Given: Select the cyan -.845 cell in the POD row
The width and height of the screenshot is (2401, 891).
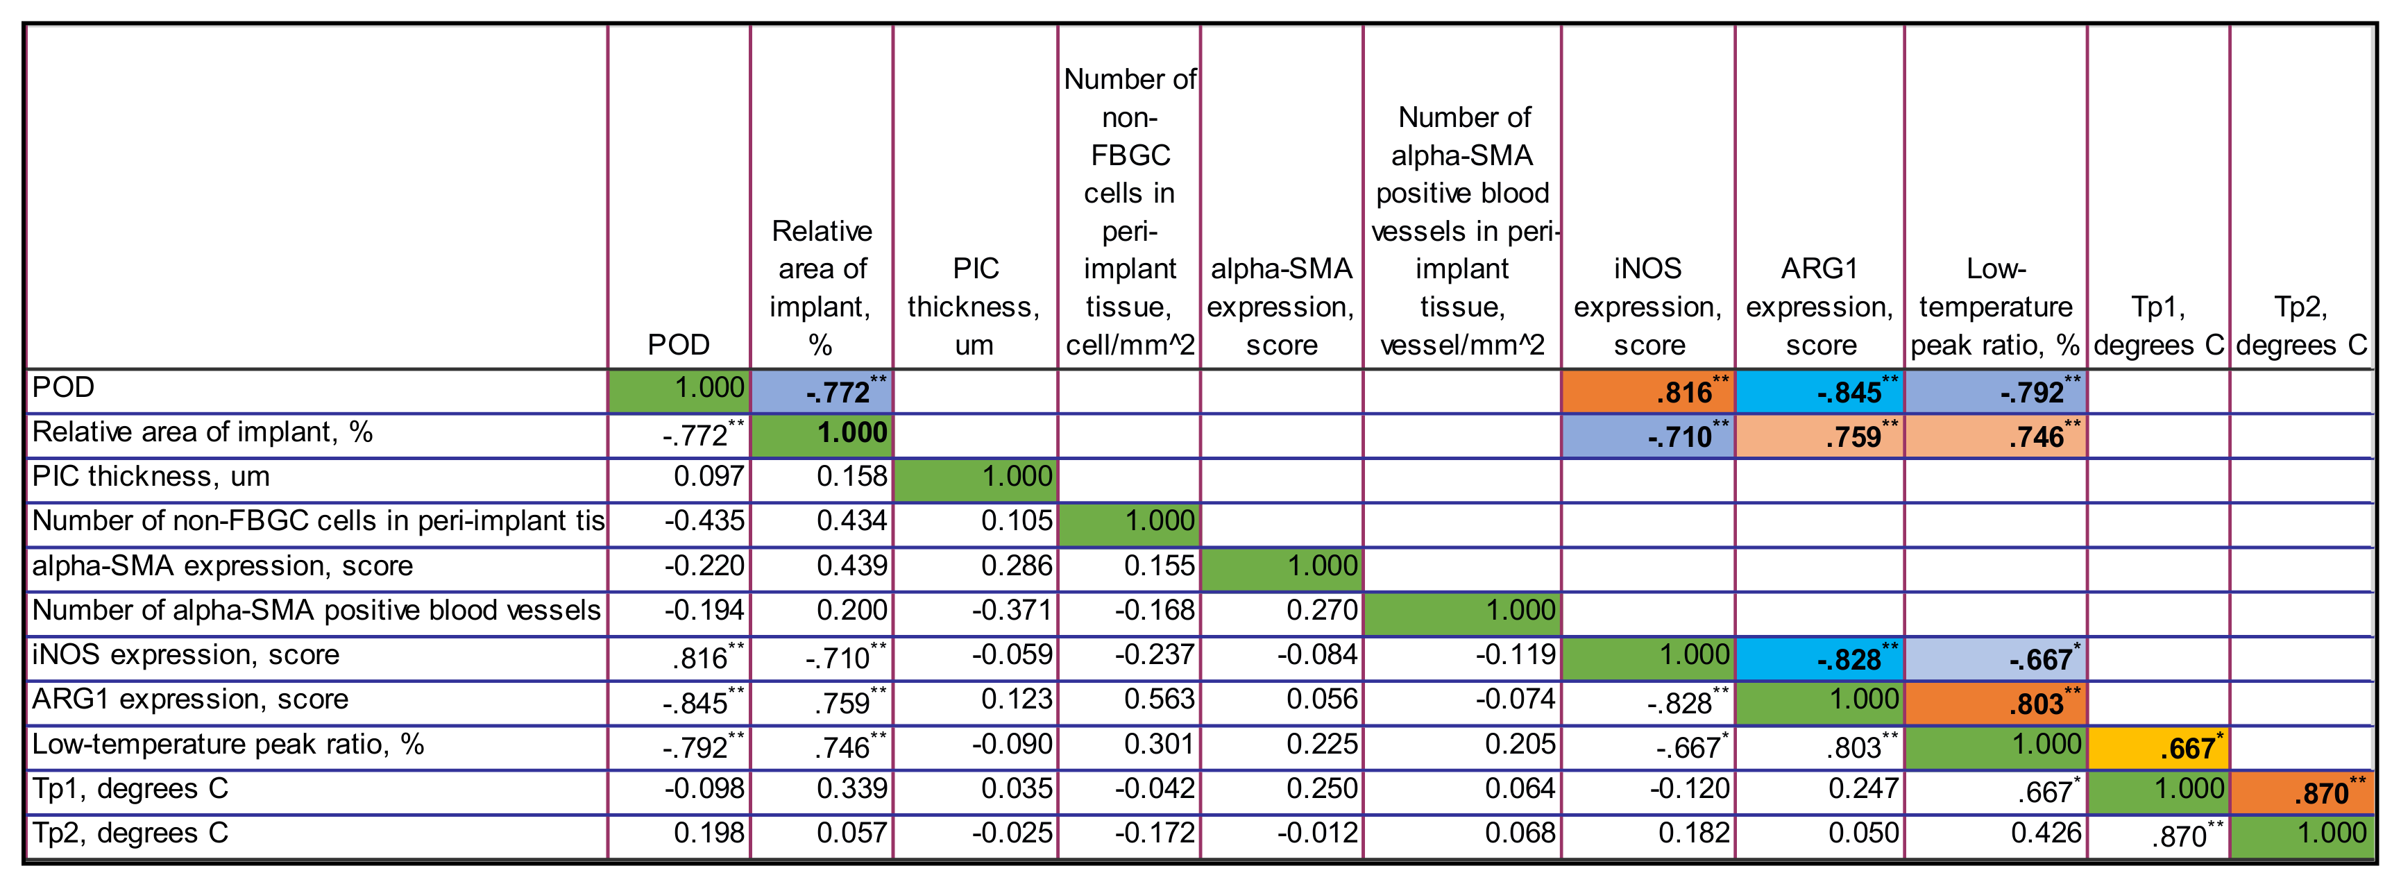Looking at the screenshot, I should [x=1819, y=391].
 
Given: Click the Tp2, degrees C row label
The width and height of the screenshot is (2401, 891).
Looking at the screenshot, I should [x=130, y=832].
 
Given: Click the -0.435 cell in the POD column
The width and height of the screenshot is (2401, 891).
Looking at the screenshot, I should [x=704, y=521].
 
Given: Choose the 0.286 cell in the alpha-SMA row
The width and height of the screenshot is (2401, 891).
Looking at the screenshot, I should [x=1016, y=566].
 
